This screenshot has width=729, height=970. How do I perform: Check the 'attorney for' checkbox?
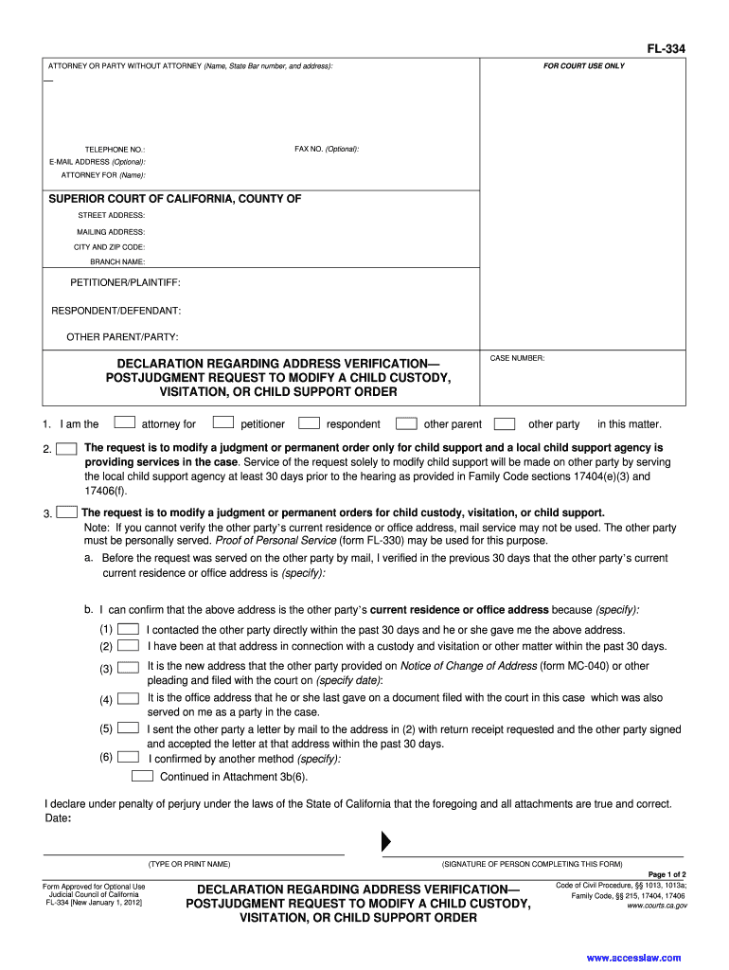[124, 422]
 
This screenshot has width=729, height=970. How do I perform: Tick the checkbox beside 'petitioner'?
[223, 422]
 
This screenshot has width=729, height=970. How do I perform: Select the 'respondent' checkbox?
[309, 422]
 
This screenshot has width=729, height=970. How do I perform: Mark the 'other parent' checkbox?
[406, 422]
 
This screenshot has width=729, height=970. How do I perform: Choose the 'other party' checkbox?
[506, 422]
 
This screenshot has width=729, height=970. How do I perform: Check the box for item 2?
[67, 448]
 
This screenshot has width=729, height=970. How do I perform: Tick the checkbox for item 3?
[66, 512]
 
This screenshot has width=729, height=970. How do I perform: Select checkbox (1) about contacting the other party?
[129, 629]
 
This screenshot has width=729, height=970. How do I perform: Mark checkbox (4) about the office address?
[129, 699]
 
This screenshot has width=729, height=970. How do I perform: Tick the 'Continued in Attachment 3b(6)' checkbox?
[142, 776]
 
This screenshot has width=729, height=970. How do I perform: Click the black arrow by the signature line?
[385, 841]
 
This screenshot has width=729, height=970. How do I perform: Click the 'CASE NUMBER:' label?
[517, 358]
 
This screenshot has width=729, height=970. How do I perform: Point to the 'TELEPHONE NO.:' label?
[115, 150]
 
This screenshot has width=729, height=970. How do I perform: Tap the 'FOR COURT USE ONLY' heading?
[583, 66]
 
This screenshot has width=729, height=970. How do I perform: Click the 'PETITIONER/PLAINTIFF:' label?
[125, 282]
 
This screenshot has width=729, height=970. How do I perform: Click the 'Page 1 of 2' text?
[667, 874]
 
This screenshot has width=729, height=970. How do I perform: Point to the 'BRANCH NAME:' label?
[117, 261]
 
